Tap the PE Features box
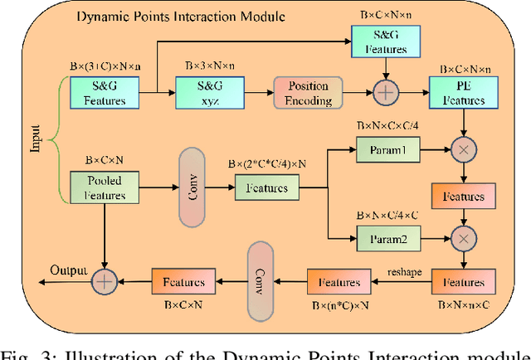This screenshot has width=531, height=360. click(x=458, y=92)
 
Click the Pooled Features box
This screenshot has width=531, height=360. click(x=105, y=187)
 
